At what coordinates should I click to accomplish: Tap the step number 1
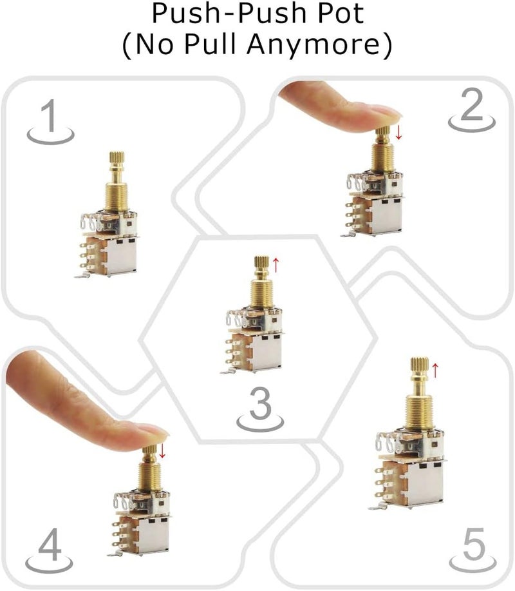tap(49, 117)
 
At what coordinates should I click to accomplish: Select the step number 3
tap(259, 405)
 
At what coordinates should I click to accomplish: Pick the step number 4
tap(50, 547)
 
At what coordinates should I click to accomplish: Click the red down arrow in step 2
tap(398, 133)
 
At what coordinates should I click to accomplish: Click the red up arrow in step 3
tap(276, 263)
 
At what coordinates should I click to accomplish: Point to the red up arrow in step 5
tap(435, 369)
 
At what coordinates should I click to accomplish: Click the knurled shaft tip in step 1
tap(117, 157)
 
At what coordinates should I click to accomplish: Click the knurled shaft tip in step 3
tap(261, 264)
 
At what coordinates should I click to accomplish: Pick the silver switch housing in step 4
tap(153, 534)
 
